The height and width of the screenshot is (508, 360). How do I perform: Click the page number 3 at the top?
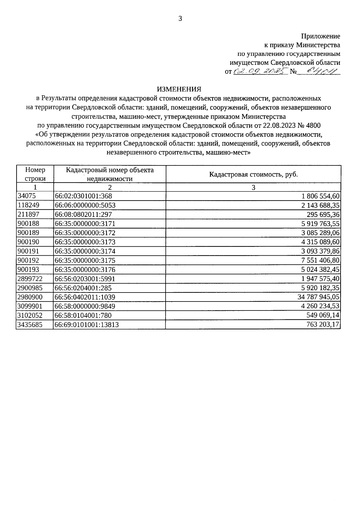pos(180,19)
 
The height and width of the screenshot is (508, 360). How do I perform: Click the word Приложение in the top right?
pos(321,36)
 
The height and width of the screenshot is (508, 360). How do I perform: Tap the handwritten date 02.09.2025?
pos(260,72)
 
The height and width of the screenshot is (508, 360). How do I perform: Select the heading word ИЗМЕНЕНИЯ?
pos(179,89)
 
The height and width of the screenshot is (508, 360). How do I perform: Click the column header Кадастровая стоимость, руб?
pos(253,174)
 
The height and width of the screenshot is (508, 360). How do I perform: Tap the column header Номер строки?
pos(35,174)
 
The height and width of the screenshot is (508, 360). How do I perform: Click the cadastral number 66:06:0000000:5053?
pos(85,205)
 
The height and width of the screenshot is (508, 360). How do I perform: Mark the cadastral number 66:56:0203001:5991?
pos(85,279)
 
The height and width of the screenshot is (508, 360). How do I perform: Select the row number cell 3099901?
pos(30,306)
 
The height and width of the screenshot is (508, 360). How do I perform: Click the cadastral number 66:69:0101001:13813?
pos(87,325)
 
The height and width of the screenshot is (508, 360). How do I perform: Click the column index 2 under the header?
pos(110,188)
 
